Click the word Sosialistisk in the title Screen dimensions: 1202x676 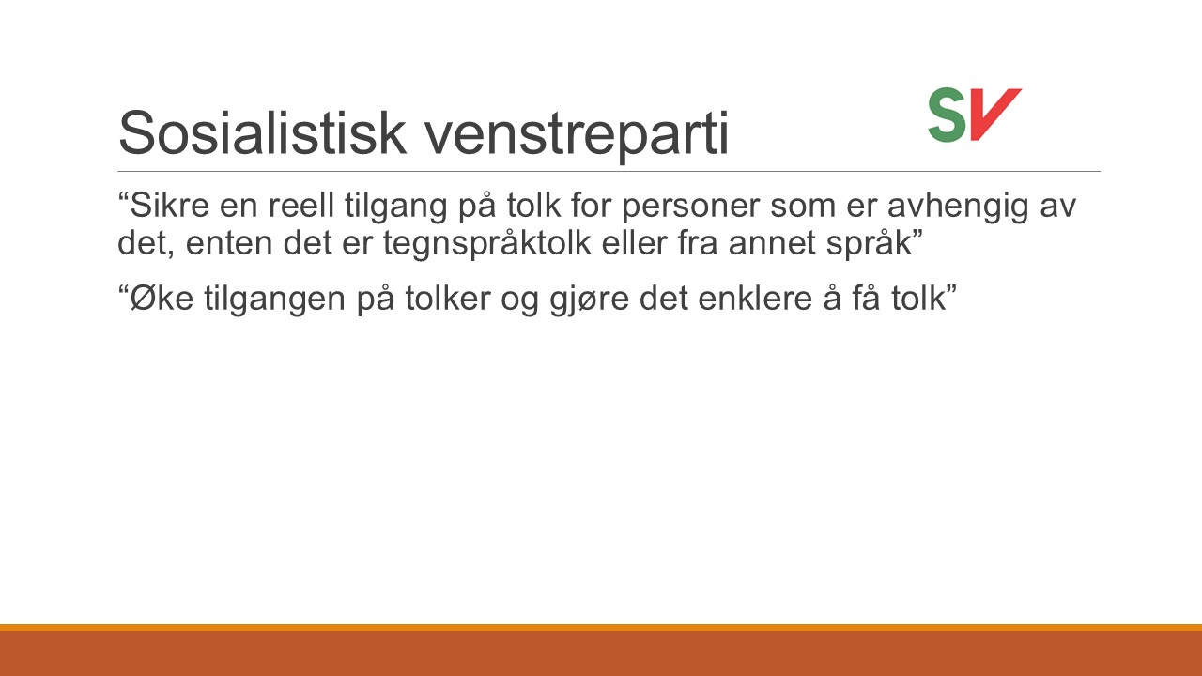pyautogui.click(x=262, y=132)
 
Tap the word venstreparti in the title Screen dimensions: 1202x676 pyautogui.click(x=577, y=135)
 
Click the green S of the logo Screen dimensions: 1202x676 pyautogui.click(x=948, y=115)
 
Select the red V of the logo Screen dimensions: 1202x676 pyautogui.click(x=993, y=115)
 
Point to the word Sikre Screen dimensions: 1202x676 pyautogui.click(x=169, y=205)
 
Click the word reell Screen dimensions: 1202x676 pyautogui.click(x=301, y=205)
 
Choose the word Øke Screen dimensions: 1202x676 pyautogui.click(x=162, y=299)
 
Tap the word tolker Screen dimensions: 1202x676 pyautogui.click(x=448, y=299)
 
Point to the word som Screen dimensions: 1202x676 pyautogui.click(x=803, y=208)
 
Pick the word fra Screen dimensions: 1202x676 pyautogui.click(x=698, y=242)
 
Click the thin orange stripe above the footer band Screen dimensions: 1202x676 pyautogui.click(x=601, y=628)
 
